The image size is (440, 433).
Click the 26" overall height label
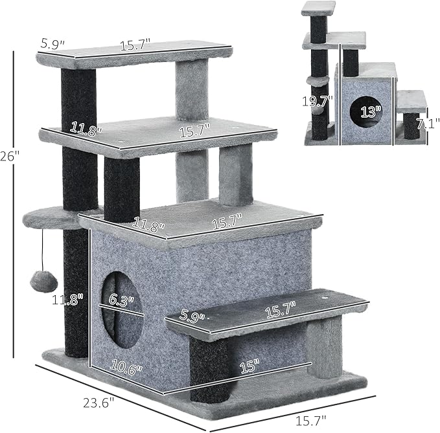tap(5, 157)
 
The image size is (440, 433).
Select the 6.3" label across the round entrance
tap(121, 300)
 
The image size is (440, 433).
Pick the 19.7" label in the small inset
tap(318, 101)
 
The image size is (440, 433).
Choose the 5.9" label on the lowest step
tap(192, 318)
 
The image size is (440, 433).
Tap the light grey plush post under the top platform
tap(192, 91)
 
